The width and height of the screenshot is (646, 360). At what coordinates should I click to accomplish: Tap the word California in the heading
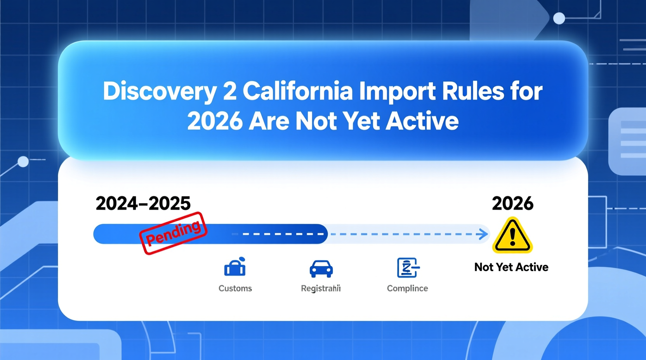[298, 92]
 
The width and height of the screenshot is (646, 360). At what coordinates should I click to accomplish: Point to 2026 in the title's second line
[215, 121]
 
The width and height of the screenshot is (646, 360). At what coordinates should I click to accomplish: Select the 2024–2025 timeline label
[143, 204]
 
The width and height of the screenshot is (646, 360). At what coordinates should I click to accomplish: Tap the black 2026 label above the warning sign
[512, 204]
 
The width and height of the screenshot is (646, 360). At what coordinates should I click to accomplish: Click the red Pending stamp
[174, 233]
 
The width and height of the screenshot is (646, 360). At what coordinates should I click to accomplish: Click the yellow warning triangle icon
[512, 235]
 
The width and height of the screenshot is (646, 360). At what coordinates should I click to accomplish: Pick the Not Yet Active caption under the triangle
[511, 267]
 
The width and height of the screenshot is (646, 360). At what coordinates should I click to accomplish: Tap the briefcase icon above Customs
[235, 267]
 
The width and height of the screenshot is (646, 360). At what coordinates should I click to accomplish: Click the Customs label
[235, 288]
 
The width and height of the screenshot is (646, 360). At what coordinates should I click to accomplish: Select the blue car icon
[321, 268]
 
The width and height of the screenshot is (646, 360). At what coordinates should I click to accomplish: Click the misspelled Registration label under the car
[321, 288]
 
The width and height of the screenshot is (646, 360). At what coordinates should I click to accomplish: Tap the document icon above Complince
[407, 268]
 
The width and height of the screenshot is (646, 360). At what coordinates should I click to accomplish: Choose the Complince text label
[407, 288]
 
